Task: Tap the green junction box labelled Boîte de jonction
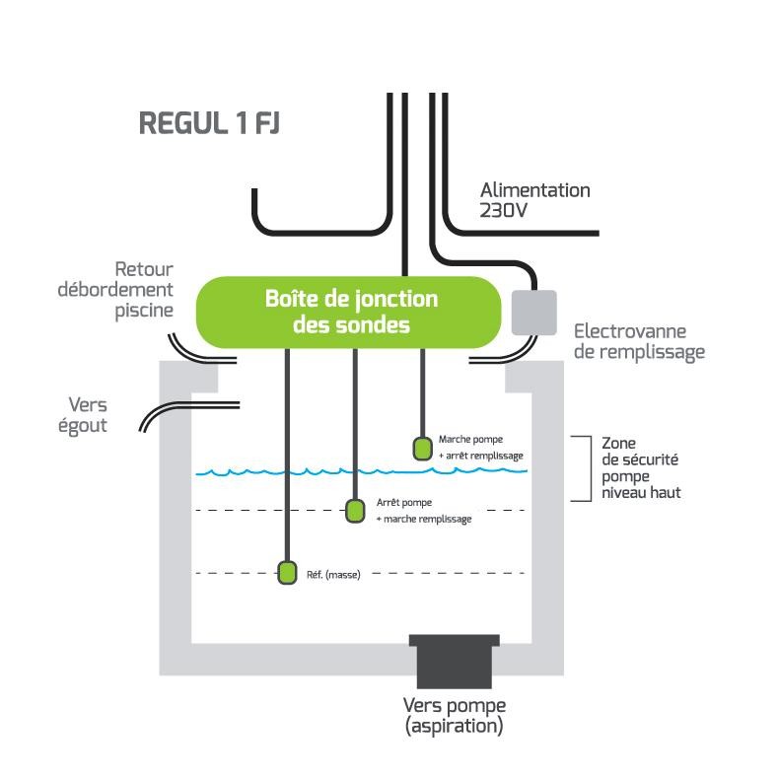coord(351,312)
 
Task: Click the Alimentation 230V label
coord(534,199)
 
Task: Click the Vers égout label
coord(88,415)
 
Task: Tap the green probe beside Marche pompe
coord(422,449)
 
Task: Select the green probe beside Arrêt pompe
coord(354,511)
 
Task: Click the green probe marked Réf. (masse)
coord(287,572)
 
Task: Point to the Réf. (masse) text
coord(334,574)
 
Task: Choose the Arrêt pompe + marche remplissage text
coord(423,511)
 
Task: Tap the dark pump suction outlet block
coord(455,661)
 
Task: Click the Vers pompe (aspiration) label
coord(454,716)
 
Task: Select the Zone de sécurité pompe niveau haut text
coord(641,467)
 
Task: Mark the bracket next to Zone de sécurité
coord(583,467)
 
